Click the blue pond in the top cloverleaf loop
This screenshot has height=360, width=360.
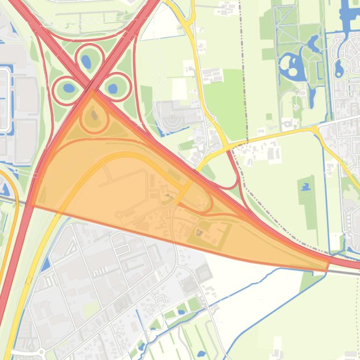(86, 61)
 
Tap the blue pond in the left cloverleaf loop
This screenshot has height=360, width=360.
(68, 88)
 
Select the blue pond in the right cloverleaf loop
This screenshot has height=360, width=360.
(113, 88)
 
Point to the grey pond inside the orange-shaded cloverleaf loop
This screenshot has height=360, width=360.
(94, 114)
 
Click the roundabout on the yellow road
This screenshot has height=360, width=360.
(315, 129)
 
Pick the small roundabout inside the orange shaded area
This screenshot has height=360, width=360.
(119, 215)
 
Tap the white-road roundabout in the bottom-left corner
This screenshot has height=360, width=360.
(41, 351)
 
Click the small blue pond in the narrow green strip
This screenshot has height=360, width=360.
(306, 187)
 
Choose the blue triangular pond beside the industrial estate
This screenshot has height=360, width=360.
(45, 265)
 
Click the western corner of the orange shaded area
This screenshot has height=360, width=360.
(31, 204)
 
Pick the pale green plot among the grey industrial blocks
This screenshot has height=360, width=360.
(92, 309)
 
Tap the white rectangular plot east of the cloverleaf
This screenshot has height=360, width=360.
(180, 88)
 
